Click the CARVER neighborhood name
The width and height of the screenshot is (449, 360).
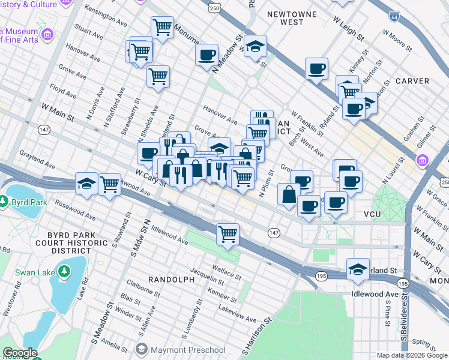point(412,80)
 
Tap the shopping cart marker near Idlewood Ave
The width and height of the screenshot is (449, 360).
point(228,233)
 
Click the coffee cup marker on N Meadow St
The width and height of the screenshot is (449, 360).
point(207,55)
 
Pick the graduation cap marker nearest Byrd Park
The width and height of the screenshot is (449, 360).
point(87,183)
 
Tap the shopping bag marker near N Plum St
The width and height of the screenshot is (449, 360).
point(289,194)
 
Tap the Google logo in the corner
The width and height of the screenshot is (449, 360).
point(20,353)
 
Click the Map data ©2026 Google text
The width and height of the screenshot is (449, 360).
point(411,355)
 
